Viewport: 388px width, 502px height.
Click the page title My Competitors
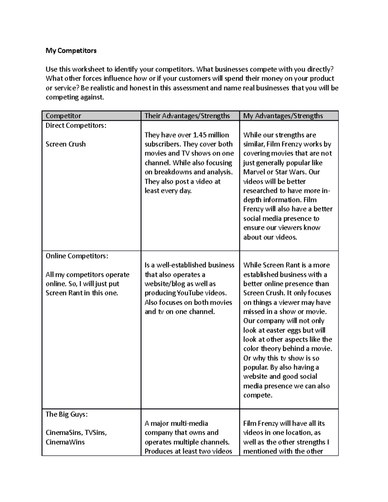click(x=71, y=51)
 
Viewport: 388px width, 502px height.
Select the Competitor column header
click(x=63, y=116)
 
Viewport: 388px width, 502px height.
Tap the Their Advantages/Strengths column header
click(x=187, y=116)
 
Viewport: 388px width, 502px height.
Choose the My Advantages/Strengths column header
click(x=283, y=116)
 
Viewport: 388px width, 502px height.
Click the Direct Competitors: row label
click(x=76, y=125)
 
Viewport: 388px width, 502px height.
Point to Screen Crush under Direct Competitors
click(x=66, y=144)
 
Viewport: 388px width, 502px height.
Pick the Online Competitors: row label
click(x=77, y=256)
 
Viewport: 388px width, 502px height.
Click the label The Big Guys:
click(x=67, y=414)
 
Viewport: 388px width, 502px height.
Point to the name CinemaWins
click(x=65, y=442)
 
